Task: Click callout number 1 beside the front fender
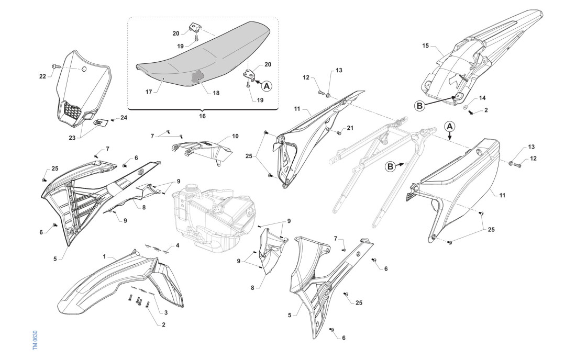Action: click(105, 257)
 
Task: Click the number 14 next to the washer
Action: click(482, 97)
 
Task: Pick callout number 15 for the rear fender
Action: click(426, 46)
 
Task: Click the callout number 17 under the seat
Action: click(149, 92)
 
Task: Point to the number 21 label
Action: click(350, 129)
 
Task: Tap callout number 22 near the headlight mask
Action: click(43, 76)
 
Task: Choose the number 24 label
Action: click(124, 118)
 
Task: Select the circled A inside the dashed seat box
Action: click(267, 86)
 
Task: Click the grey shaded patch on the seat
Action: click(198, 76)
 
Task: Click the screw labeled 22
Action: click(55, 66)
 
